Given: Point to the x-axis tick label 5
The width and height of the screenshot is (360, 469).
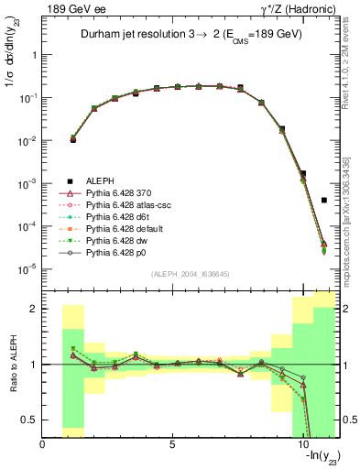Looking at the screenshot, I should (x=173, y=444).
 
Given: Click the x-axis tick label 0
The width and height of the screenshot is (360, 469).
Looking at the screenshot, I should (x=43, y=444).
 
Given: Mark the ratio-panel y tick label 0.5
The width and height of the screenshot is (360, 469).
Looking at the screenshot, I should (x=32, y=420).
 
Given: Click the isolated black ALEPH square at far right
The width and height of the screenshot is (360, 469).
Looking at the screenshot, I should (x=324, y=200).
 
